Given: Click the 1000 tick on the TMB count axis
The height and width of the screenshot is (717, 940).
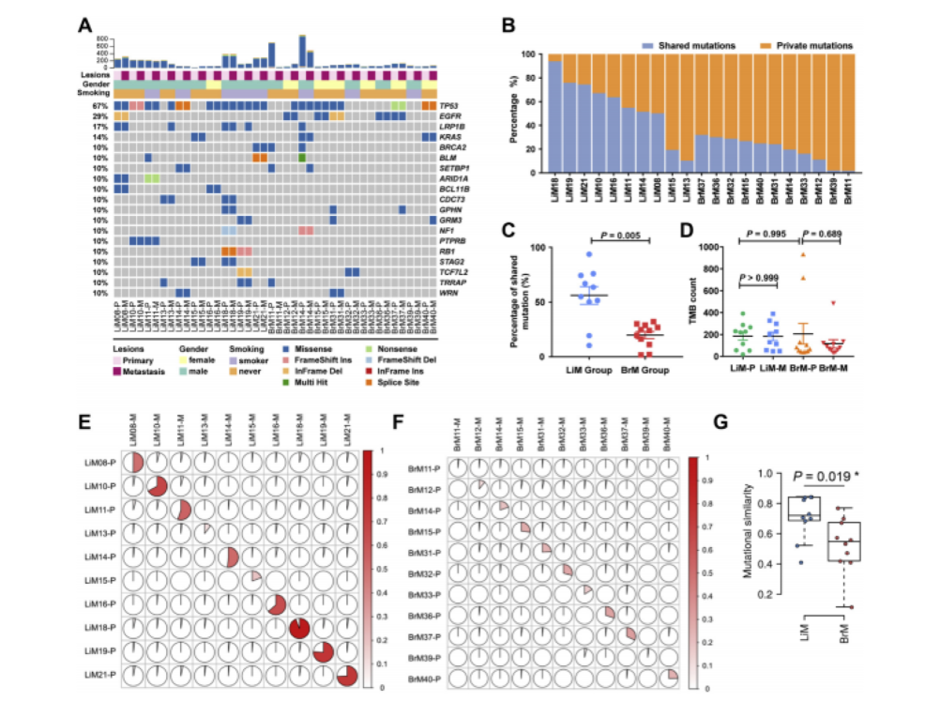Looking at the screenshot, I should click(713, 248).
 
